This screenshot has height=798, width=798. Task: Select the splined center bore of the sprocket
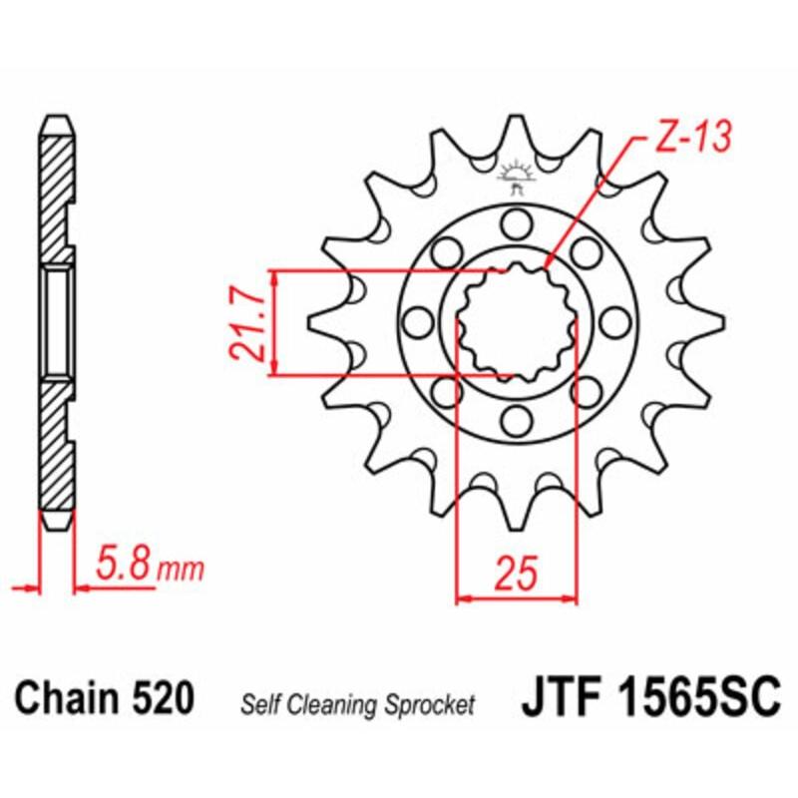pos(516,321)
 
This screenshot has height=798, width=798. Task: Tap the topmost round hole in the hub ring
pos(516,220)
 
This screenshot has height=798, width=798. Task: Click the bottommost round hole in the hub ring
pos(516,422)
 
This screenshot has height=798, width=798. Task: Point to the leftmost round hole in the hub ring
pos(416,321)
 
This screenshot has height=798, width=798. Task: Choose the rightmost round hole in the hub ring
pos(616,321)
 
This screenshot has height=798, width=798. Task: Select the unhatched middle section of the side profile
pos(56,321)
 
